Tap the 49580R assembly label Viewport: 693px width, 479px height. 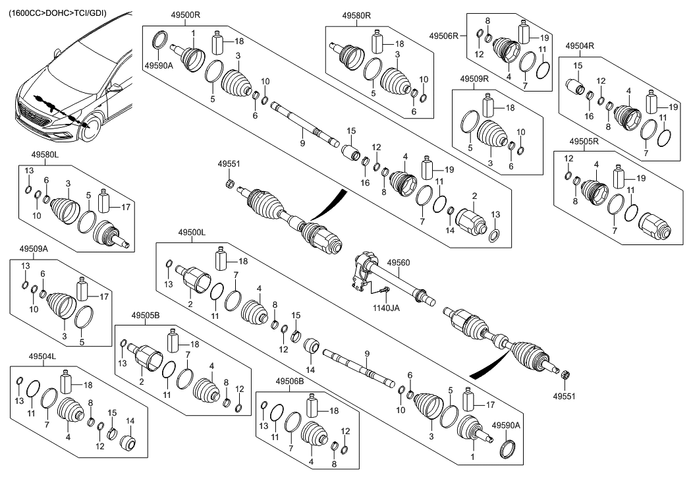pos(357,14)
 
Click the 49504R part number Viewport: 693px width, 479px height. pos(580,45)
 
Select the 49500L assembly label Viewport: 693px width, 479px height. pos(192,233)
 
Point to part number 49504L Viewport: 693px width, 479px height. pos(42,356)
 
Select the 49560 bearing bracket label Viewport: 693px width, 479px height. pos(397,262)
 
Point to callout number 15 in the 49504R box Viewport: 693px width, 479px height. pos(578,67)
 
